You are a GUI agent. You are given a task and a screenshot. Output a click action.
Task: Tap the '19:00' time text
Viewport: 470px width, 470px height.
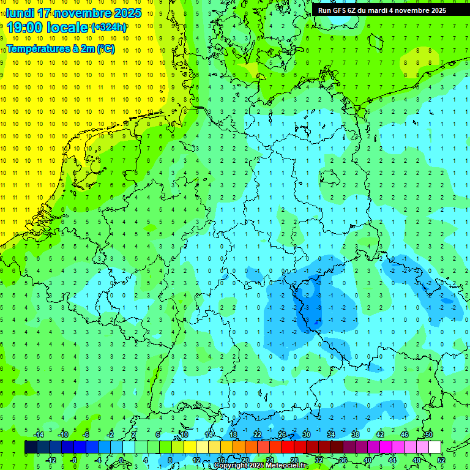[24, 28]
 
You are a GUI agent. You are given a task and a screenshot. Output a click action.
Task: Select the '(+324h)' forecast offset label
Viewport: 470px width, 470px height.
[109, 28]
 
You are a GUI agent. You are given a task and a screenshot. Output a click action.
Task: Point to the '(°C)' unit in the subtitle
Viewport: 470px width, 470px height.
[105, 49]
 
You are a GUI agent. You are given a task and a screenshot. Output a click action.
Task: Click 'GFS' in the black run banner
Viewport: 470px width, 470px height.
[342, 10]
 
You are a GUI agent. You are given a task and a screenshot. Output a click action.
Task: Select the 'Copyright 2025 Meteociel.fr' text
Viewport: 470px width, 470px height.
[261, 466]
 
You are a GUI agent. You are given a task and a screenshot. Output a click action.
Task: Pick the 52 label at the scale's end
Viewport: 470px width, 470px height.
[441, 460]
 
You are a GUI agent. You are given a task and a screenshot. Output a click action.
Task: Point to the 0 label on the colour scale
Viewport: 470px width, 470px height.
[122, 460]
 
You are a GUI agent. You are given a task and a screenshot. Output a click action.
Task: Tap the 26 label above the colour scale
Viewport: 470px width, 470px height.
[282, 435]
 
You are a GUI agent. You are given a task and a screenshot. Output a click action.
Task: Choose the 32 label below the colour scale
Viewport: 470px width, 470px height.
[319, 460]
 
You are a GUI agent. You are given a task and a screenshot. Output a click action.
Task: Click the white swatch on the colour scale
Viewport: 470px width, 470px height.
[435, 447]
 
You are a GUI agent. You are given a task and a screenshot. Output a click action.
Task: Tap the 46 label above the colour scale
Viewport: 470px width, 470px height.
[405, 435]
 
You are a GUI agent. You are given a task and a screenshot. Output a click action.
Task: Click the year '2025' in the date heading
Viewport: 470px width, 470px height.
[124, 13]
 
